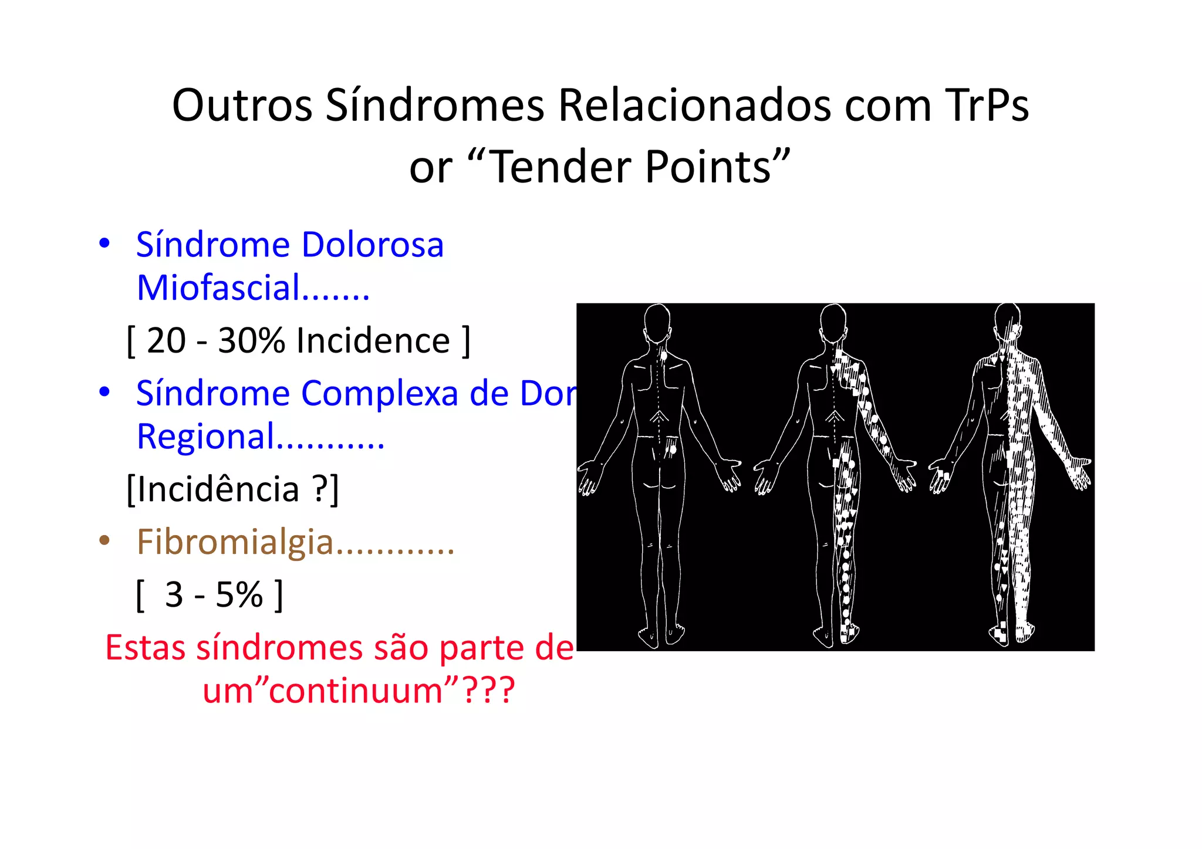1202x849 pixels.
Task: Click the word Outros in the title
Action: pos(242,106)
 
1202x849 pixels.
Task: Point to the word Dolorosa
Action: pos(372,245)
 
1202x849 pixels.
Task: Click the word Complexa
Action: pos(379,393)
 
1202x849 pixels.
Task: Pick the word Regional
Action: pos(205,437)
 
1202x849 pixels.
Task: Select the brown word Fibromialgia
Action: pos(235,542)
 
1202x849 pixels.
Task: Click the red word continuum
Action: pos(356,690)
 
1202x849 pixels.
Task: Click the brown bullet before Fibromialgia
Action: pos(104,540)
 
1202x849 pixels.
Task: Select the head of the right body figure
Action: pos(1008,320)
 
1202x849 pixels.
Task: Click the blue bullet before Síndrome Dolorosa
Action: pos(104,243)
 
